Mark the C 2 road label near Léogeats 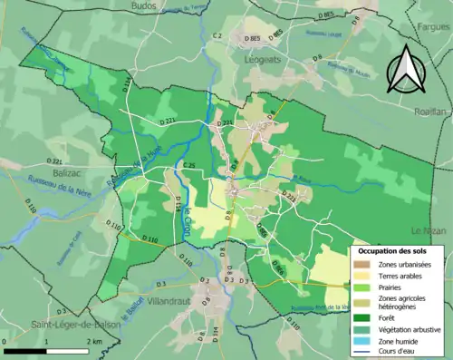tap(217, 35)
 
